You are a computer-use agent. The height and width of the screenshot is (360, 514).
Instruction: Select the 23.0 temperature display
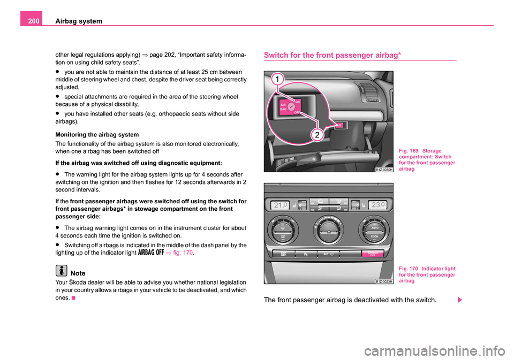coord(377,204)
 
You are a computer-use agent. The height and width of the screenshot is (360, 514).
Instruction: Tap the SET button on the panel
coord(328,254)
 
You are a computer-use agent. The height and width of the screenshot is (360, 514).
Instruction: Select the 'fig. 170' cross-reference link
coord(183,254)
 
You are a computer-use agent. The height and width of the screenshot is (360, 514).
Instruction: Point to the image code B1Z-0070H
coord(384,168)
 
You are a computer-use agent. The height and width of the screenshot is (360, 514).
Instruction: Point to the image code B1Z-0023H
coord(384,280)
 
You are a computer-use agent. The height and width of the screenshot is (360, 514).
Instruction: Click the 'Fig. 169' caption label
coord(410,150)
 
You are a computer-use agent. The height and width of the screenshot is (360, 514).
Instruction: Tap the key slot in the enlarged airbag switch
coord(291,106)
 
